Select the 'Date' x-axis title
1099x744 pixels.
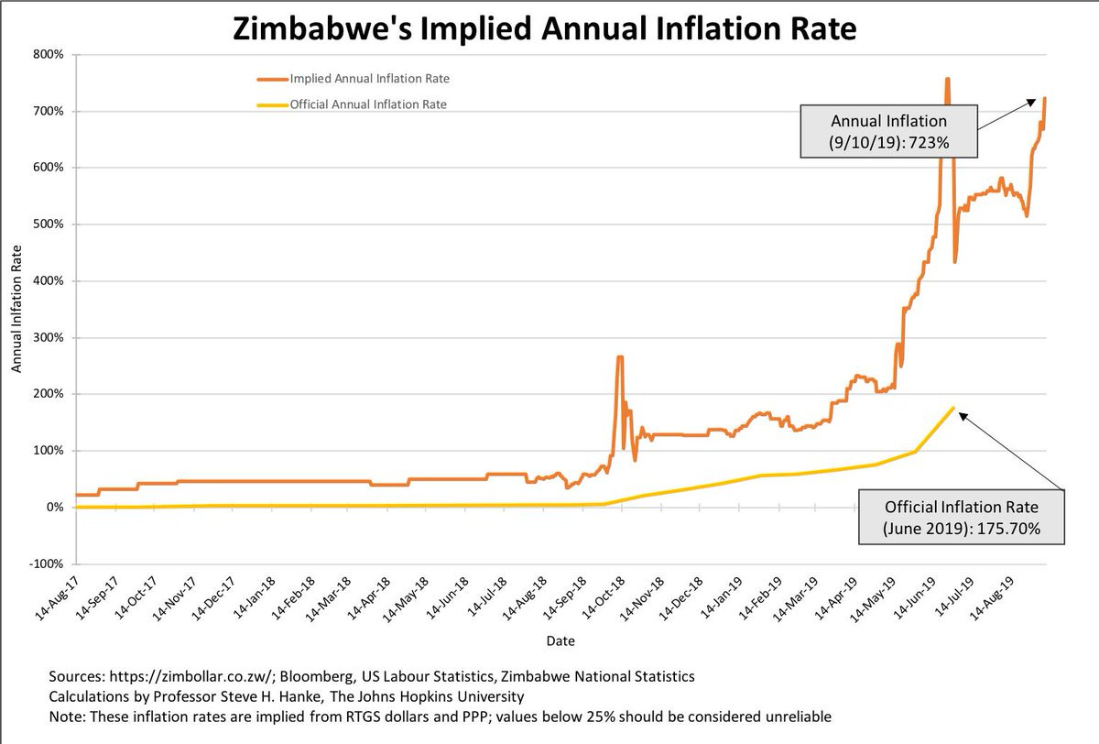pos(560,641)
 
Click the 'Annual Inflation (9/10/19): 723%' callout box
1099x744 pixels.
pos(876,133)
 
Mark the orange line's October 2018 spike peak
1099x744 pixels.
pos(620,357)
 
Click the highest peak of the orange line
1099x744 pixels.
pos(947,79)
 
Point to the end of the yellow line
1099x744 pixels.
pos(954,408)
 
